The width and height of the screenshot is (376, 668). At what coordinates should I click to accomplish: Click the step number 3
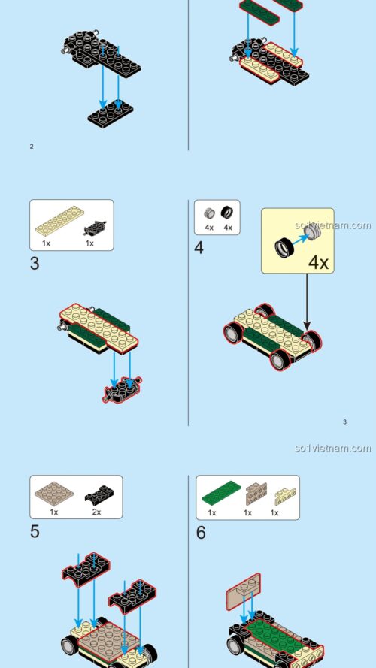click(35, 264)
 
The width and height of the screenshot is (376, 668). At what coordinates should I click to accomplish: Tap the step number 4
click(199, 248)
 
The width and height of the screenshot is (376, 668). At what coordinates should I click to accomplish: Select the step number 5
click(35, 532)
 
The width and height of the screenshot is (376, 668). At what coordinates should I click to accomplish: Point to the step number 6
click(201, 533)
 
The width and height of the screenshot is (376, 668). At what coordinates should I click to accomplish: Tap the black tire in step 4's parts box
click(227, 213)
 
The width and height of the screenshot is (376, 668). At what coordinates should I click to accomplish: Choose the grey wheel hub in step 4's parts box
click(210, 213)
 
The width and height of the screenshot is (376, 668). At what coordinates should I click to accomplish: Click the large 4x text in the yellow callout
click(319, 263)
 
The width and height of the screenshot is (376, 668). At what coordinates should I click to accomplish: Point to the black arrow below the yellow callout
click(307, 301)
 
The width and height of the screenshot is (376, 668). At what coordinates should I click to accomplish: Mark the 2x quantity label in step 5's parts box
click(96, 512)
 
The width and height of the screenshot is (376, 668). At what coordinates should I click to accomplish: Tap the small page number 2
click(31, 146)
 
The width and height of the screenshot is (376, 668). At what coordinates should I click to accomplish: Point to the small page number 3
click(344, 422)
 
